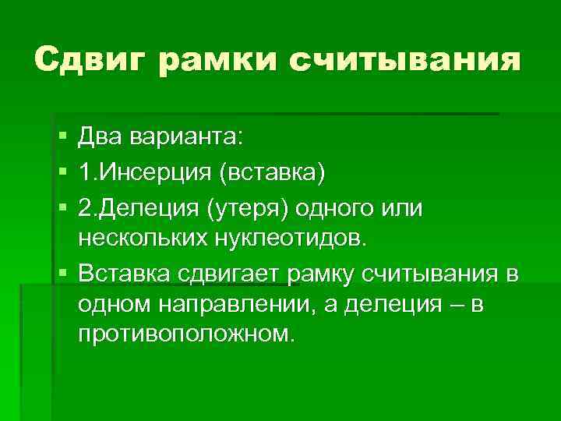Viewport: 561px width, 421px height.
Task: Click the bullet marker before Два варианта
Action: [62, 137]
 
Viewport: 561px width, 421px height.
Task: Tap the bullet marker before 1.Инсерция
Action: [62, 171]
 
